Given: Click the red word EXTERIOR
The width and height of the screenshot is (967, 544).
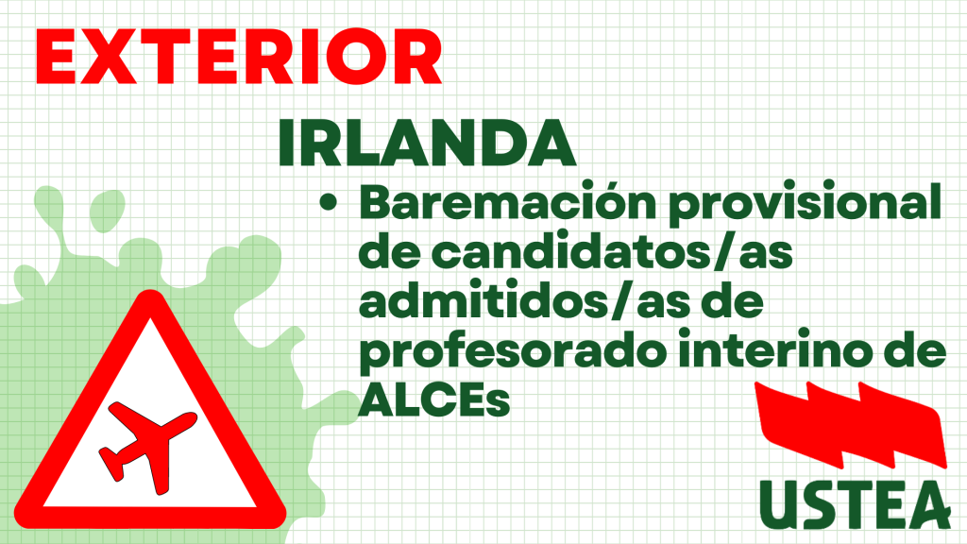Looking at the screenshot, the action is click(239, 56).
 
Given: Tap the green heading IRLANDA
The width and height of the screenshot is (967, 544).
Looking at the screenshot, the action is click(427, 144).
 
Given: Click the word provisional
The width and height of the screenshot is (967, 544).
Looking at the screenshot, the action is click(806, 204).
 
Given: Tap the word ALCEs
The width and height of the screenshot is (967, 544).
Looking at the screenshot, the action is click(434, 400).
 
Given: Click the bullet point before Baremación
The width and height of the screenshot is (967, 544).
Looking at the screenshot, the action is click(329, 203).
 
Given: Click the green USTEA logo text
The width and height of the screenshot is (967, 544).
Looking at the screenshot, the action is click(855, 504).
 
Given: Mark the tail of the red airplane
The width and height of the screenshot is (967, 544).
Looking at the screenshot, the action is click(111, 465).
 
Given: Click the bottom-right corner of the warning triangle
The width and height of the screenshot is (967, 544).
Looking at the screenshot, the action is click(281, 516).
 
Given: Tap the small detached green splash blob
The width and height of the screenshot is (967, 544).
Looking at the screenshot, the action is click(107, 211).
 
